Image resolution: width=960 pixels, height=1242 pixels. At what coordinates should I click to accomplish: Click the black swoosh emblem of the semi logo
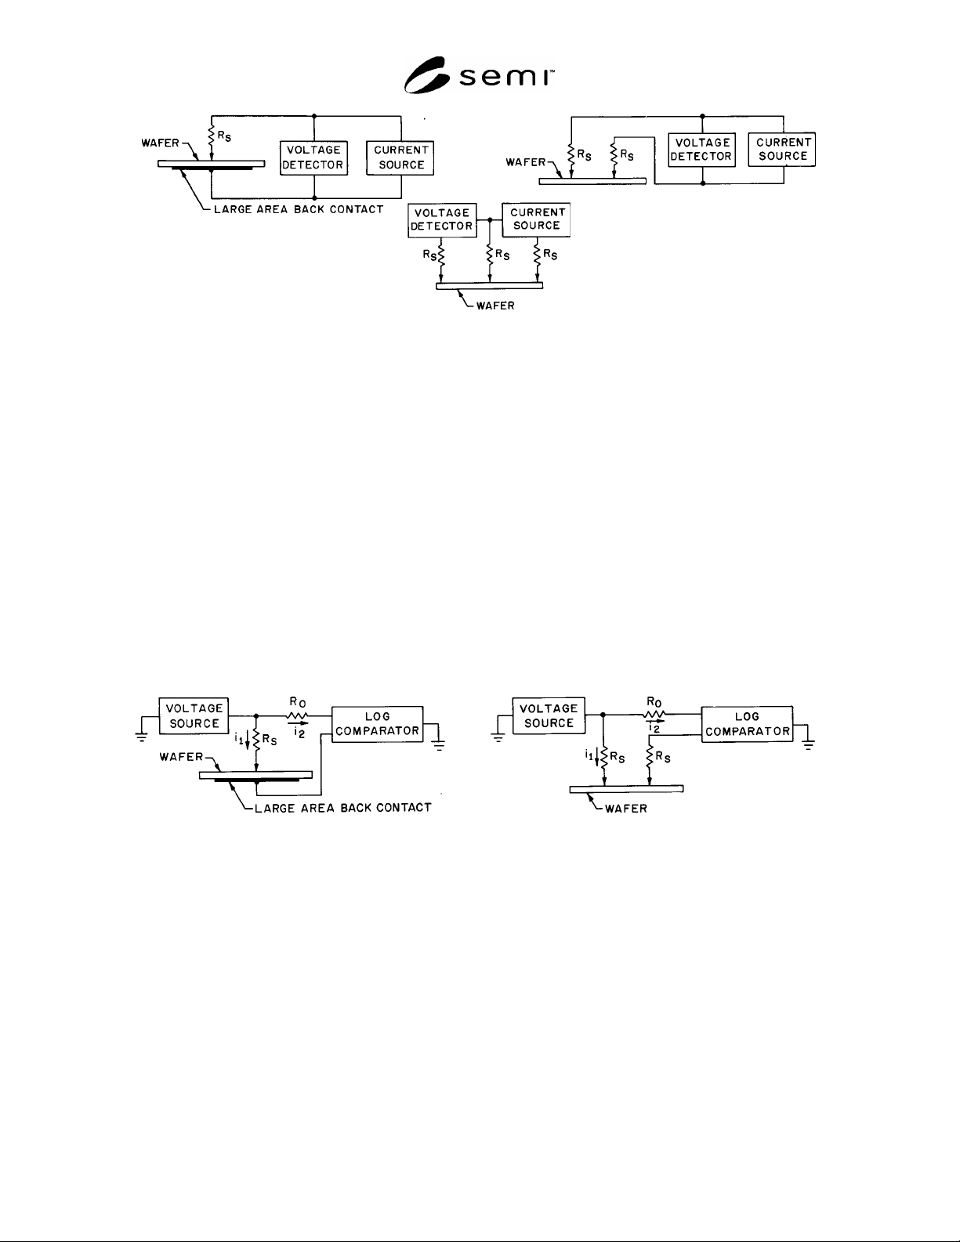426,75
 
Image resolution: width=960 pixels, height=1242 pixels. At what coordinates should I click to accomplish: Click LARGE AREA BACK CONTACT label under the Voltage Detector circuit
299,209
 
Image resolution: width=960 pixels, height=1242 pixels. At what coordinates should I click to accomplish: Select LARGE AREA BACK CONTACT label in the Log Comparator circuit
343,808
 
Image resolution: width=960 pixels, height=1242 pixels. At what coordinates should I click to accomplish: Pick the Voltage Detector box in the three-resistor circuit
442,219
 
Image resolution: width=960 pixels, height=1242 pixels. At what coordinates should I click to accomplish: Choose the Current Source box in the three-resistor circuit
537,219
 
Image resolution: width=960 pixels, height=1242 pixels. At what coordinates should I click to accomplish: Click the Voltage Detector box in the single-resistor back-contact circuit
313,158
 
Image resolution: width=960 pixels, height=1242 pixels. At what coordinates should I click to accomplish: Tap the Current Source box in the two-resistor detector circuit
782,149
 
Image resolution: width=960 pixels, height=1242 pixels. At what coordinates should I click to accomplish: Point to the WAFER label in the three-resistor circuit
495,306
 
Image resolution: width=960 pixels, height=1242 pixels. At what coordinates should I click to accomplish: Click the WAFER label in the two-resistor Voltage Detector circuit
526,162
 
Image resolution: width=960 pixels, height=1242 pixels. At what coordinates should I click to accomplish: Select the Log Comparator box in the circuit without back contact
748,724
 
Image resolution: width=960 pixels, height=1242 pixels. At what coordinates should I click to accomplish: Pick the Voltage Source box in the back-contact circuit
194,715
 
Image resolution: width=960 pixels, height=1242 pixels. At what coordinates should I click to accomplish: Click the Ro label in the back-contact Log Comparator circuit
298,702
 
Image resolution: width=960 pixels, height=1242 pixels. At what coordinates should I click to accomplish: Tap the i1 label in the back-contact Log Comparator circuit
239,739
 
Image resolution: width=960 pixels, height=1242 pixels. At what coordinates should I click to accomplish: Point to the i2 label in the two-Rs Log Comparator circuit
654,728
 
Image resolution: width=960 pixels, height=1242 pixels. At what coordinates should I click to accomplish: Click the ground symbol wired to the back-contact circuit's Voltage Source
142,736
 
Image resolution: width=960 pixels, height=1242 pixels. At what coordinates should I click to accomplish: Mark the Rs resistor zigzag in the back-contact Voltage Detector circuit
212,137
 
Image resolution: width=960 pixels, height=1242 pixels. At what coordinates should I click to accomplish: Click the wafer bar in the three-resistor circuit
489,286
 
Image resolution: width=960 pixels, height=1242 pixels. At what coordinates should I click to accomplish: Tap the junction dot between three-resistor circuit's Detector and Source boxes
490,220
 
